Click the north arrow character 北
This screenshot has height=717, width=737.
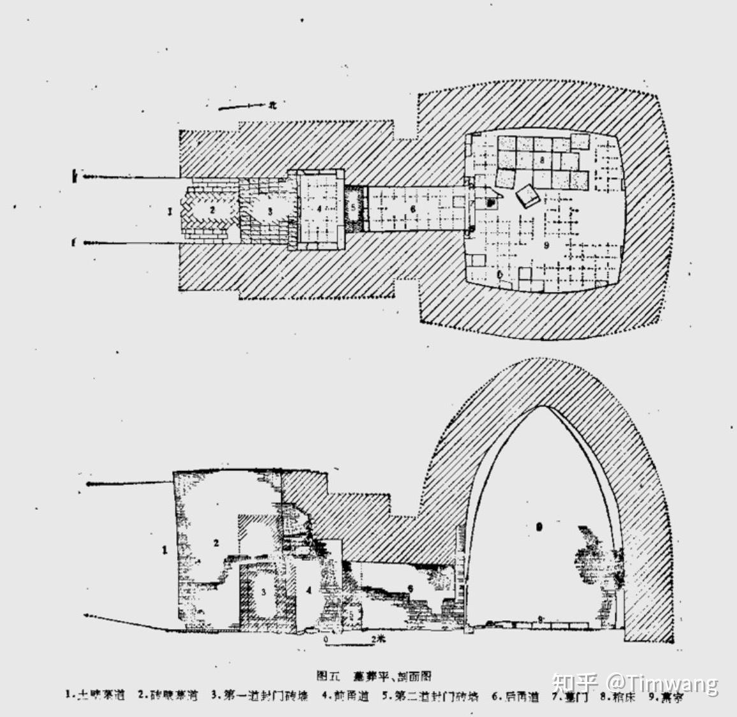272,106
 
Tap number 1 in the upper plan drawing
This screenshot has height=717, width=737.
170,211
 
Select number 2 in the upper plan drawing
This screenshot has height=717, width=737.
214,209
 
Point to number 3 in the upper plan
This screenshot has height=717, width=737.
270,210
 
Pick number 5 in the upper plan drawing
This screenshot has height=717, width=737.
353,207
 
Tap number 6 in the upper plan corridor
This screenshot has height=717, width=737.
412,208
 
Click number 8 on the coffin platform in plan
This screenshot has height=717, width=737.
542,161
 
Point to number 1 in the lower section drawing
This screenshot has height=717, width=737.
164,549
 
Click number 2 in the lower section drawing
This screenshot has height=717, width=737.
216,542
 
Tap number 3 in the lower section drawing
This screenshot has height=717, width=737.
262,591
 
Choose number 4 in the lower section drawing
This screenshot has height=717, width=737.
309,590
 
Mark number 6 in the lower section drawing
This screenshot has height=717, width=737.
411,588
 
